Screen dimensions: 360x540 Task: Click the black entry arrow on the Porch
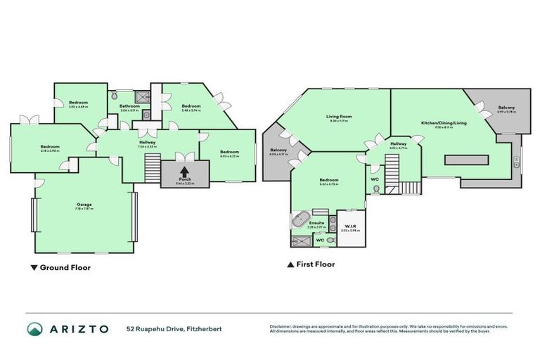[x=184, y=171]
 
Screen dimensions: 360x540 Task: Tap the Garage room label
[x=84, y=204]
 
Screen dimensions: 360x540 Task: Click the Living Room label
[x=338, y=116]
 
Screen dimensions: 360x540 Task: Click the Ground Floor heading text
[x=65, y=267]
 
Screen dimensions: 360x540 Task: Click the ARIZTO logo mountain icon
[x=34, y=329]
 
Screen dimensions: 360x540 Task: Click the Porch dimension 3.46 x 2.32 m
[x=184, y=183]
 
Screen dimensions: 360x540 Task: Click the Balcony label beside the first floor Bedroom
[x=278, y=150]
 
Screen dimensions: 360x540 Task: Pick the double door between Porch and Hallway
[x=184, y=156]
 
